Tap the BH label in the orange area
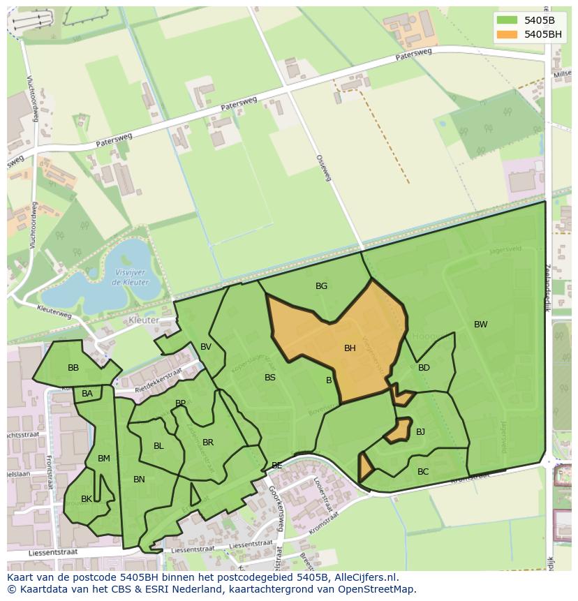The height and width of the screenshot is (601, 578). [x=350, y=348]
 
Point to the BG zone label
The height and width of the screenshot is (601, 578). [x=321, y=286]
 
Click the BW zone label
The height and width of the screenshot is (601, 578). [x=480, y=325]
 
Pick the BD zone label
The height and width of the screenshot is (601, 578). [x=424, y=368]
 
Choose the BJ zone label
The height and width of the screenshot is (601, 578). [x=420, y=432]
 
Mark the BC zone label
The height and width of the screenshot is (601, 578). [x=423, y=472]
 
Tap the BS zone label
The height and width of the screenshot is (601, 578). [x=270, y=378]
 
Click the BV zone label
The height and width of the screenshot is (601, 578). [x=206, y=347]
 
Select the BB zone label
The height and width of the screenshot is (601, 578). [x=73, y=368]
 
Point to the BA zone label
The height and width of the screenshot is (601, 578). [x=87, y=394]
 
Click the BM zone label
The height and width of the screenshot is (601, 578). [x=104, y=459]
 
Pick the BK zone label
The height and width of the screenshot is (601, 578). [x=87, y=499]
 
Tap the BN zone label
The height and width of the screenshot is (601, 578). [x=139, y=480]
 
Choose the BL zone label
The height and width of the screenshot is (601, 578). [x=158, y=446]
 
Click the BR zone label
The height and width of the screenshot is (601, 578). [x=208, y=443]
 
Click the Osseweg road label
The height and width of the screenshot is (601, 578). [x=323, y=168]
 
